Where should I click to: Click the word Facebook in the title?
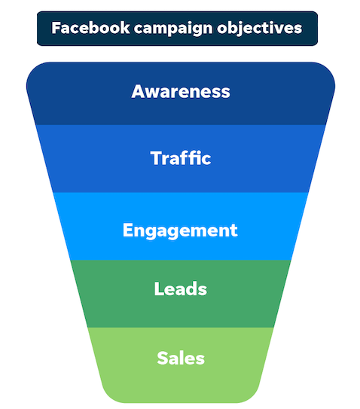[90, 28]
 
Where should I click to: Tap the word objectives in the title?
[260, 29]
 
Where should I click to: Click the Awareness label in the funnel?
[181, 91]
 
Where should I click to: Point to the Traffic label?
[181, 158]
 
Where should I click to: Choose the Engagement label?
[180, 230]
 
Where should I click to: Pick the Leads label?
[181, 288]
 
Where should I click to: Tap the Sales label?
[181, 358]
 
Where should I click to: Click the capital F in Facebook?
[56, 28]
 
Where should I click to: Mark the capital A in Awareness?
[138, 91]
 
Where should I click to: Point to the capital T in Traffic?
[157, 158]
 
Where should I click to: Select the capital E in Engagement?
[128, 230]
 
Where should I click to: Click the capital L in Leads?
[159, 288]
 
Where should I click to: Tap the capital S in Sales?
[163, 358]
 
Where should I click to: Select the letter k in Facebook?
[124, 28]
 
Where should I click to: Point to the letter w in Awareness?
[154, 93]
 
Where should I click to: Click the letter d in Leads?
[191, 288]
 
